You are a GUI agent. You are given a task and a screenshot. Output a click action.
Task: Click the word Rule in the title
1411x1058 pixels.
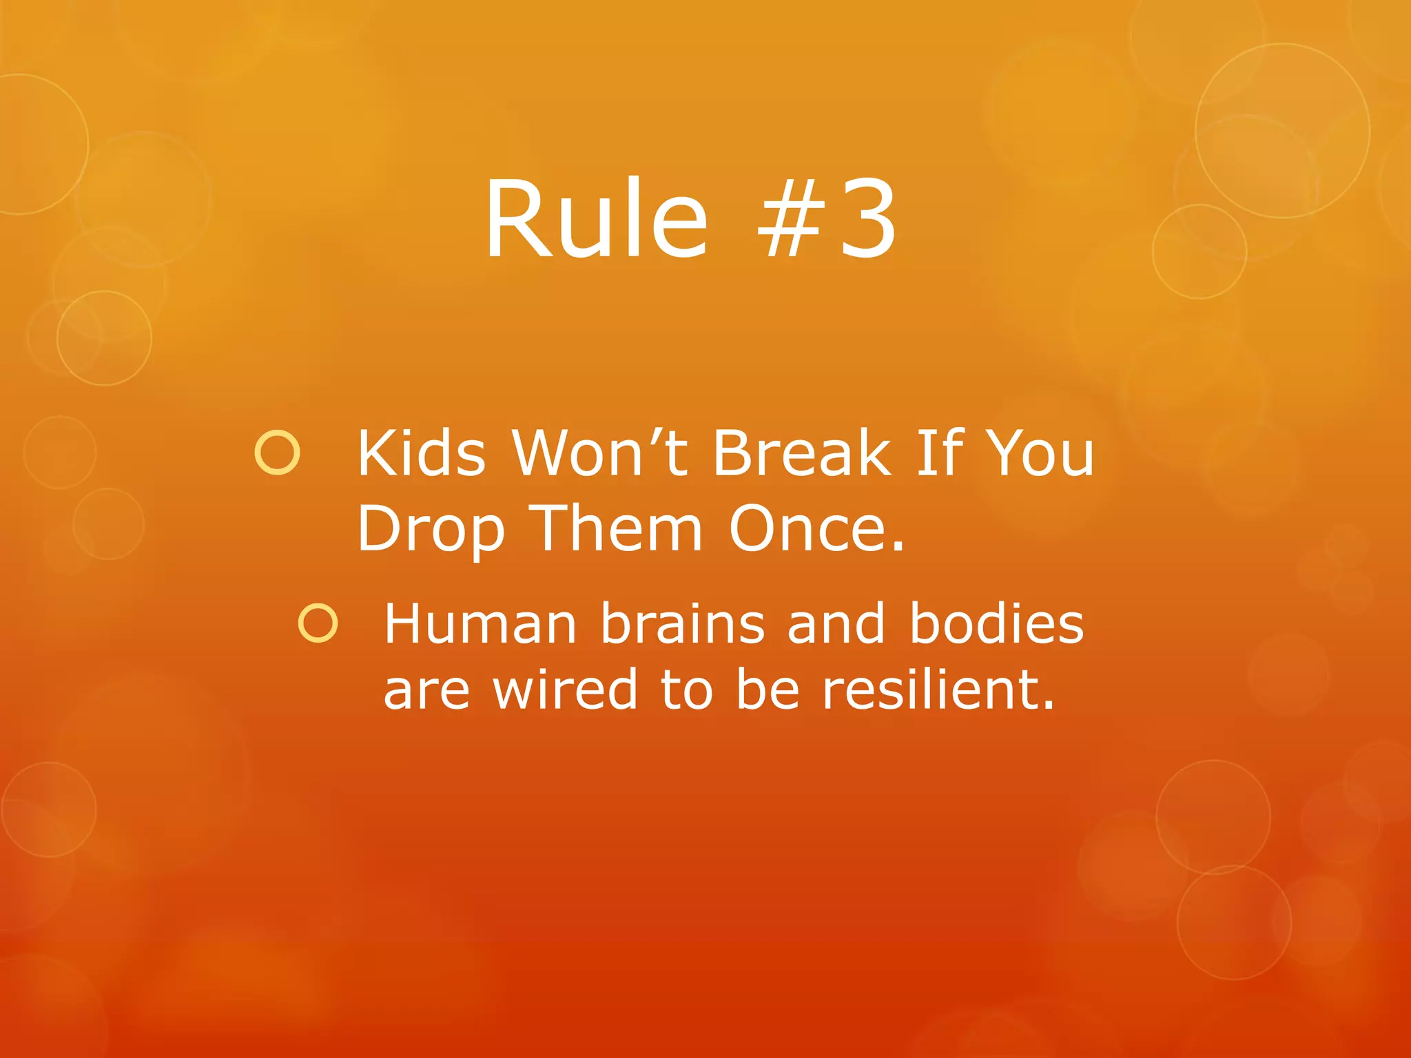tap(596, 219)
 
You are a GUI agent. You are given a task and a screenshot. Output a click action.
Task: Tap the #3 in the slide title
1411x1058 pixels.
tap(827, 219)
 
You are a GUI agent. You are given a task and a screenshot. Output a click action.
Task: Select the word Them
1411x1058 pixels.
tap(619, 529)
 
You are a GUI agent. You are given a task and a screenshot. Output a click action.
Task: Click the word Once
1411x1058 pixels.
tap(816, 529)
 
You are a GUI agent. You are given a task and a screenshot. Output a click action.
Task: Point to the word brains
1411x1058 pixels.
tap(682, 624)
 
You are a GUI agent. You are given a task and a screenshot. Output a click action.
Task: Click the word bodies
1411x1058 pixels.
tap(996, 624)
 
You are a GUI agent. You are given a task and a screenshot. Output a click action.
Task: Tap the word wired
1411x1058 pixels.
tap(565, 690)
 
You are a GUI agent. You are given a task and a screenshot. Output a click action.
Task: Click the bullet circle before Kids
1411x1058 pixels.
tap(278, 453)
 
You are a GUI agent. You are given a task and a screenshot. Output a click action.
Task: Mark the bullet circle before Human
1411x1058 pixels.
tap(318, 623)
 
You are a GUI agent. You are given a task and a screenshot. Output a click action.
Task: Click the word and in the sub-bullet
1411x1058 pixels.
tap(836, 624)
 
